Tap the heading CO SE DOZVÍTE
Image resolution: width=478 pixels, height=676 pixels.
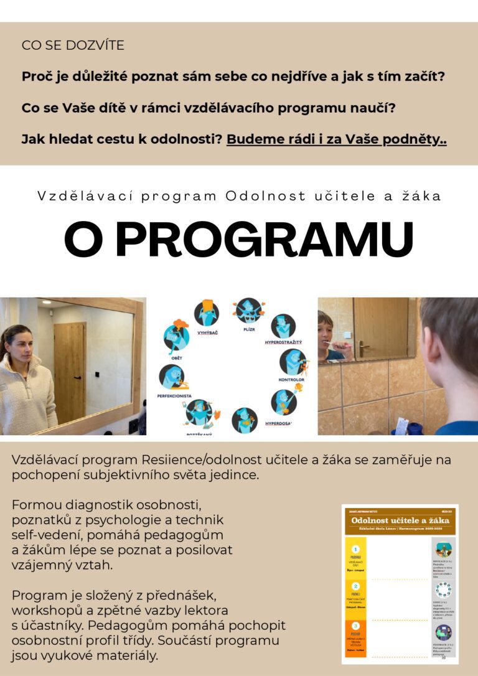73,45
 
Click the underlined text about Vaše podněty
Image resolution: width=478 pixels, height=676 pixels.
336,139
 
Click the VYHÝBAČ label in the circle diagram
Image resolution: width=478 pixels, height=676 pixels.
207,332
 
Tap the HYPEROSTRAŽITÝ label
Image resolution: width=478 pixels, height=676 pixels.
283,342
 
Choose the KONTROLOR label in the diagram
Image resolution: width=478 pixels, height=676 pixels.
291,378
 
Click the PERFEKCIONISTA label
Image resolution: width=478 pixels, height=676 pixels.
174,395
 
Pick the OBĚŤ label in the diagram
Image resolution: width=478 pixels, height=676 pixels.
177,359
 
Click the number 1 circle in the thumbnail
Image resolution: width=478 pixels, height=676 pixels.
355,550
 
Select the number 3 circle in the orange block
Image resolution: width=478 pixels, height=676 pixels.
355,625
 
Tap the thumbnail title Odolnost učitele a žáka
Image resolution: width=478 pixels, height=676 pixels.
400,520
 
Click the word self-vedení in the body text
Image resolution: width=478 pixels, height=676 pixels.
42,535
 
